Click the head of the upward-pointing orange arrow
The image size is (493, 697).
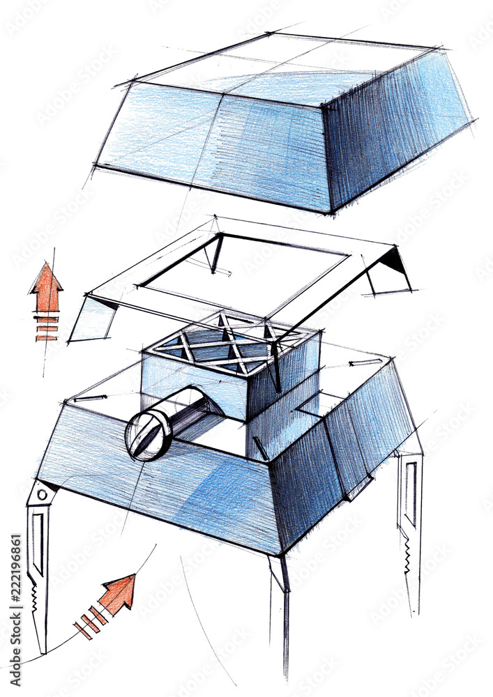[x=46, y=279]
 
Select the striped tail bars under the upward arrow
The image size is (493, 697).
[x=46, y=328]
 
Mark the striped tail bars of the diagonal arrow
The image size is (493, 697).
[x=90, y=622]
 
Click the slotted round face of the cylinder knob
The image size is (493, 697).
[x=144, y=435]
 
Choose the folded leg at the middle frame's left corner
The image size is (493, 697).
[x=91, y=321]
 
